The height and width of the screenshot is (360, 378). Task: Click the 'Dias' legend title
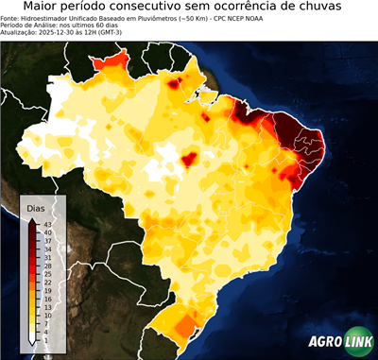36,208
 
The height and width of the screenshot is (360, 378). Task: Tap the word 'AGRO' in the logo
324,341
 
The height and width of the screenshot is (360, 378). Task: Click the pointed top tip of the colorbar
32,218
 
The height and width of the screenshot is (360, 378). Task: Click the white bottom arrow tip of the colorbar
32,343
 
